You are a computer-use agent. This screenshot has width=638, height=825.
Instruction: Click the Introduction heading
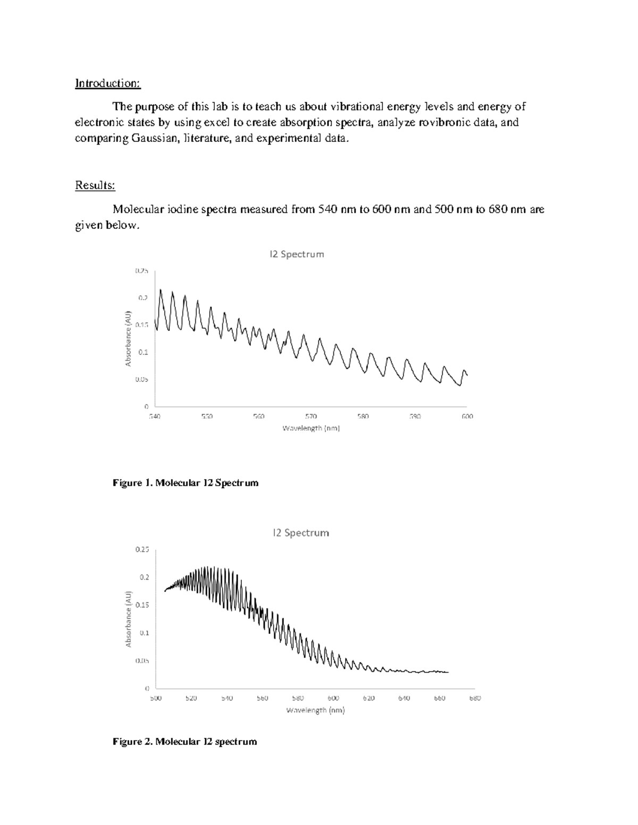[107, 83]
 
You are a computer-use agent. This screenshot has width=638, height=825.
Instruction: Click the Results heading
[95, 185]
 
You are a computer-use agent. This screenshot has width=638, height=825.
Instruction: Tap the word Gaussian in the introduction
[154, 139]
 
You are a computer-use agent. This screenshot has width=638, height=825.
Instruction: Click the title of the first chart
[296, 254]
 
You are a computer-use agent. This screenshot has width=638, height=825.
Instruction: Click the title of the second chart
[301, 533]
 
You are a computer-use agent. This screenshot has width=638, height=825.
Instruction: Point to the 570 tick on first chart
[310, 416]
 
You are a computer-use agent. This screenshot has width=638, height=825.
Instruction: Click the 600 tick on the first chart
[467, 416]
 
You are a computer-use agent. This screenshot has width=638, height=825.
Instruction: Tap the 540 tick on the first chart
[154, 416]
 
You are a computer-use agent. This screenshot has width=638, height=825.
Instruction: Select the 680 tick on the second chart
[475, 698]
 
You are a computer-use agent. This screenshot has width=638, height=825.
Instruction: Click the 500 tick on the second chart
[155, 698]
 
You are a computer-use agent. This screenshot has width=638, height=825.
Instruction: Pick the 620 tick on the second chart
[368, 698]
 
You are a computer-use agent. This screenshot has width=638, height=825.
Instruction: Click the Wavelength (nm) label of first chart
[310, 428]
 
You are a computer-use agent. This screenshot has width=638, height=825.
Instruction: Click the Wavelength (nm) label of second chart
[315, 710]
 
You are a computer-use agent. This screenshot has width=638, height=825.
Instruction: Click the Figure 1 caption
[185, 483]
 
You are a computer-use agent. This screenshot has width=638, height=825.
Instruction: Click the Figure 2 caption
[184, 741]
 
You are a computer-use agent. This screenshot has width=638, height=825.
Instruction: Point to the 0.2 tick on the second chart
[144, 577]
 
